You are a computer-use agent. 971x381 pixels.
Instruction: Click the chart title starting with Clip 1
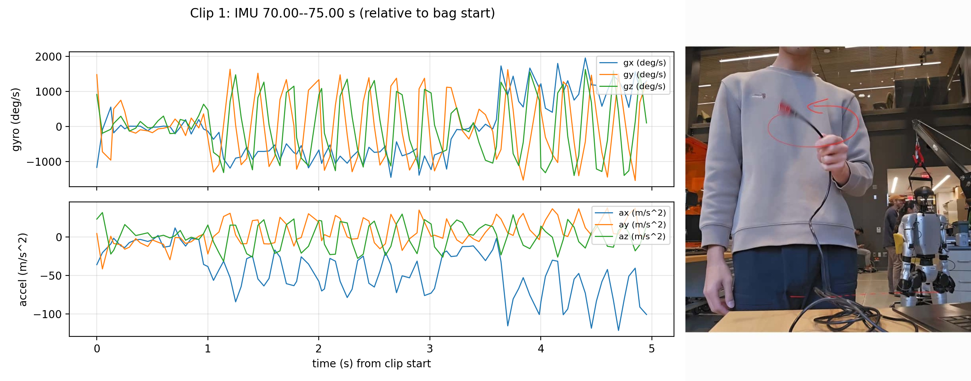(342, 13)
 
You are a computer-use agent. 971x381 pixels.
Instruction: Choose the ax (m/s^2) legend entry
(642, 213)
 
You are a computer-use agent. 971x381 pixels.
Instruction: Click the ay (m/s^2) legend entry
(642, 225)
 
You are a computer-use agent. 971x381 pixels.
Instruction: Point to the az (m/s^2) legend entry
(642, 237)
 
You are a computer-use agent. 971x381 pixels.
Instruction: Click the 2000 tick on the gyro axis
(48, 57)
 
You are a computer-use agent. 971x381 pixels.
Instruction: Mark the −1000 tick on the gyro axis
(44, 162)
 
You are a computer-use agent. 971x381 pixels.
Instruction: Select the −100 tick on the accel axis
(47, 314)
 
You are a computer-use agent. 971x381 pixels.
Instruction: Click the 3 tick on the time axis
(430, 349)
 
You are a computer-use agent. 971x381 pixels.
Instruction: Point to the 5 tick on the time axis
(652, 349)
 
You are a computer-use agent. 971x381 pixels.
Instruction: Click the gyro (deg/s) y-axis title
(16, 120)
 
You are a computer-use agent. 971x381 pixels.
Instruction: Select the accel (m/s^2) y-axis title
(23, 269)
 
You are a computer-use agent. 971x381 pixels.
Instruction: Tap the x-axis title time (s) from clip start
(371, 364)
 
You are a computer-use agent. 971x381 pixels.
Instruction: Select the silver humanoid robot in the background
(921, 255)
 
